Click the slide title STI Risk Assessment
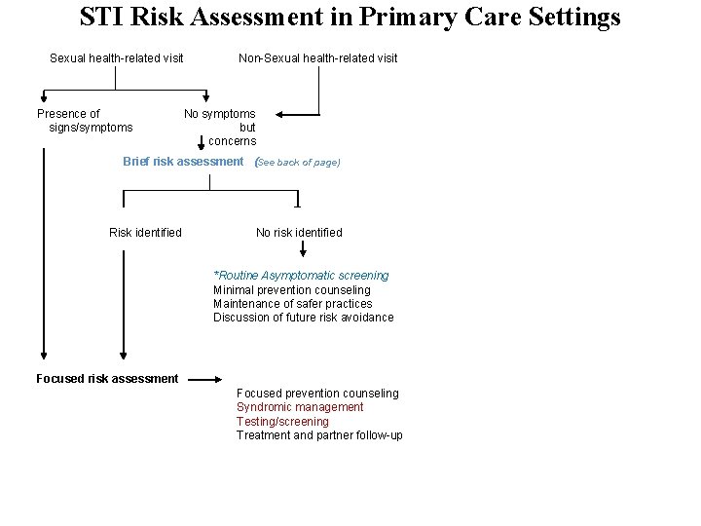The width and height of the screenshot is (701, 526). tap(350, 18)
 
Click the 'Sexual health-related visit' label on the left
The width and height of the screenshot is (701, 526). tap(117, 58)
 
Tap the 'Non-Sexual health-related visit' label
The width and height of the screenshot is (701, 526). tap(318, 58)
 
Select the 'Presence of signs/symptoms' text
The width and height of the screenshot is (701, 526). tap(84, 121)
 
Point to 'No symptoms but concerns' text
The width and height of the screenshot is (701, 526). tap(222, 128)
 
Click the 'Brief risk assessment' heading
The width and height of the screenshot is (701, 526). tap(183, 162)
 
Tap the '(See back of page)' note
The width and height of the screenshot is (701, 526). tap(297, 163)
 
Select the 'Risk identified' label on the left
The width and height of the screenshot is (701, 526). tap(145, 233)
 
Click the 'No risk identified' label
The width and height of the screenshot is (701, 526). tap(299, 233)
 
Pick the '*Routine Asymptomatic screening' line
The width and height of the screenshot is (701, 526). tap(301, 277)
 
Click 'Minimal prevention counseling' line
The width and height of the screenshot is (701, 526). tap(292, 290)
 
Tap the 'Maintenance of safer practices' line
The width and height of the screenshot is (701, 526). tap(293, 304)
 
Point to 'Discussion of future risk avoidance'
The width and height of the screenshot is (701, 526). tap(304, 318)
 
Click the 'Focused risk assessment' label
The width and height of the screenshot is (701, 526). tap(107, 379)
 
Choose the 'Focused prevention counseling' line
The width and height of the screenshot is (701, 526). tap(317, 394)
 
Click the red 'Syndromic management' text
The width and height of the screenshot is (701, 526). tap(300, 407)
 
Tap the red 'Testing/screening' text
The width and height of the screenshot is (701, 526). tap(282, 422)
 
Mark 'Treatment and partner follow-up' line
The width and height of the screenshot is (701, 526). tap(319, 435)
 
